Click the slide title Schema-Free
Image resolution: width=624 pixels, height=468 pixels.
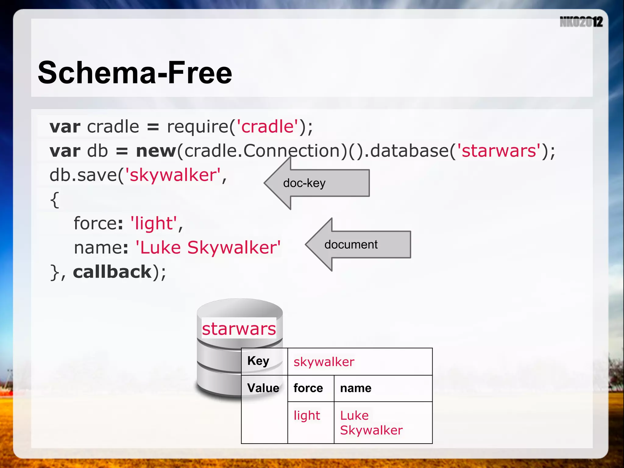click(x=135, y=73)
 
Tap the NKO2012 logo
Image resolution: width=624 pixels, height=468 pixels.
click(x=581, y=22)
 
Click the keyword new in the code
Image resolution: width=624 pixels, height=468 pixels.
click(x=156, y=151)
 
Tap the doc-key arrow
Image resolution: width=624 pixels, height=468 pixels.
click(x=317, y=183)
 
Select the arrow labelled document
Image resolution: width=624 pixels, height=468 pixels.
click(x=358, y=244)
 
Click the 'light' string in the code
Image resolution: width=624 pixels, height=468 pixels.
click(x=154, y=223)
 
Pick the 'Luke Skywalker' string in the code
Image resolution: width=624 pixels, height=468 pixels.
click(x=208, y=247)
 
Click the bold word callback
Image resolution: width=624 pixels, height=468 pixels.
click(x=112, y=272)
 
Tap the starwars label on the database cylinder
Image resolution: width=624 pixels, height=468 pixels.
click(x=239, y=329)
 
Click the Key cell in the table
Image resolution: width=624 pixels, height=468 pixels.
click(x=258, y=361)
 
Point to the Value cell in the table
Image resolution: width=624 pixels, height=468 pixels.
click(x=263, y=388)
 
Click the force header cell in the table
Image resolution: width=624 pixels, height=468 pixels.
click(x=308, y=388)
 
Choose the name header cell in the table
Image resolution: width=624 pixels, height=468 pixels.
click(x=356, y=388)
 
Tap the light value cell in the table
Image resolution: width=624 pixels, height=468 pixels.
click(x=307, y=416)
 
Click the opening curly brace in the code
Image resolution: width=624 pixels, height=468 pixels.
click(x=55, y=200)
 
